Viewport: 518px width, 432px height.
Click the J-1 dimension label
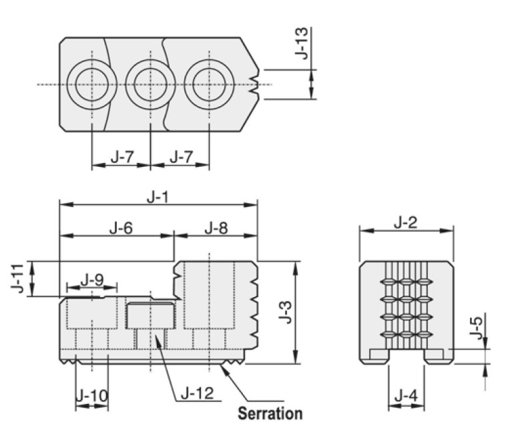coord(158,198)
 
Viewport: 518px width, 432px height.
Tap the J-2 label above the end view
coord(406,223)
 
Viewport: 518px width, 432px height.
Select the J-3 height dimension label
coord(286,312)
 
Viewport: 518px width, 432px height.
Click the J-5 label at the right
coord(476,328)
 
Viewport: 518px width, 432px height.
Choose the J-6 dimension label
coord(121,228)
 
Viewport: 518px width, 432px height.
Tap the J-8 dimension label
coord(216,228)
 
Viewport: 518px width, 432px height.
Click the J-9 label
coord(92,280)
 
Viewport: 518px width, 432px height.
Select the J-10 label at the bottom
coord(92,395)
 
